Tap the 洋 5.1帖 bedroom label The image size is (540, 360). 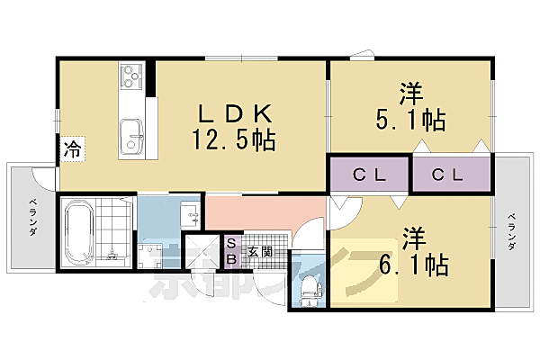coord(409,106)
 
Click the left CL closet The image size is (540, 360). coord(369,175)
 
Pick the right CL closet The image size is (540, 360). coord(452,175)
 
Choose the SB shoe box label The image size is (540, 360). coord(230,250)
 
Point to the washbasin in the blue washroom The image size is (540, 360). coord(190,216)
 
